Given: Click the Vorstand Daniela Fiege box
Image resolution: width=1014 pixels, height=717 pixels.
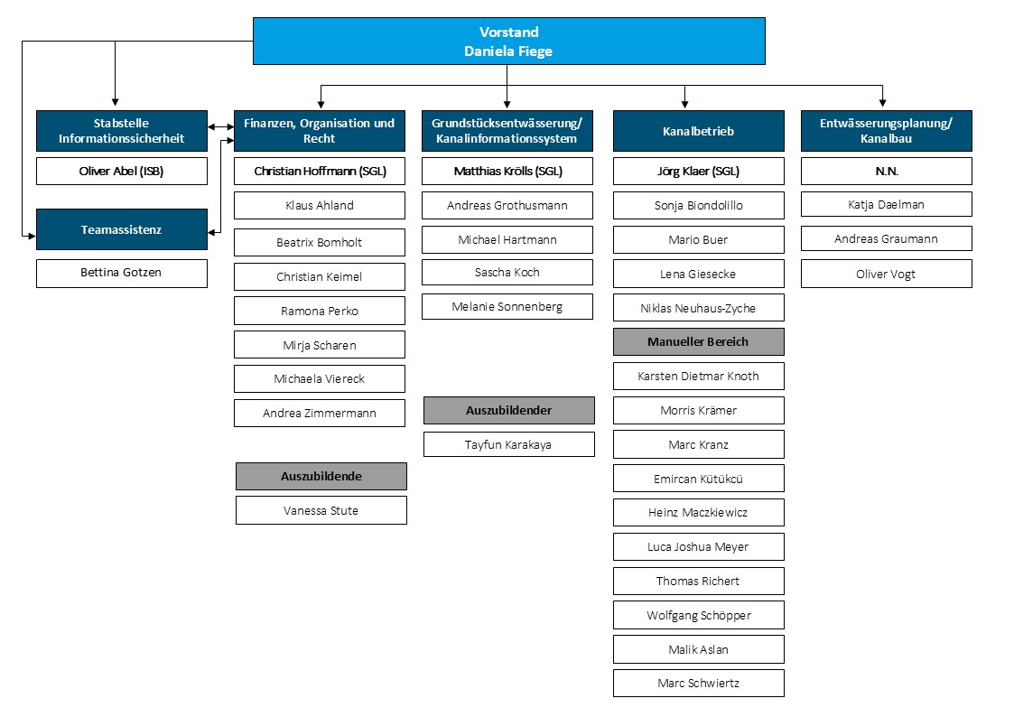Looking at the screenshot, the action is [x=509, y=41].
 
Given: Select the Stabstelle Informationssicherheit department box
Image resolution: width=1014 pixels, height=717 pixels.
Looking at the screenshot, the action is [x=122, y=131].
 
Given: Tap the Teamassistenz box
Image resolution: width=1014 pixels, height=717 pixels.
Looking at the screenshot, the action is [x=122, y=229].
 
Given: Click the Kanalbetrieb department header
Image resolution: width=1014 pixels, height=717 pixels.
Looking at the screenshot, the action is [x=698, y=131].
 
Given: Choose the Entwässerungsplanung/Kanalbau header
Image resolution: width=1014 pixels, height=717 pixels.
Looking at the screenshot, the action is [x=886, y=131].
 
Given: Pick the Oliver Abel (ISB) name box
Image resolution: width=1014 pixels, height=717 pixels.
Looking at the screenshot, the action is [x=122, y=172].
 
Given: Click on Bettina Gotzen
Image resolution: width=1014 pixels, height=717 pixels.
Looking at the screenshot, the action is [x=122, y=273].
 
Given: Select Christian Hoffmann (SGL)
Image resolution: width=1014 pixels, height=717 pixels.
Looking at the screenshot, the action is [x=320, y=172].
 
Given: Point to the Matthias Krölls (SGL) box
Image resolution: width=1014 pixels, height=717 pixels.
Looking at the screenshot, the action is [x=507, y=172].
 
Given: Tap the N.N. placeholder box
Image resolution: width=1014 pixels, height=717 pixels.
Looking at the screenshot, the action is [x=886, y=172].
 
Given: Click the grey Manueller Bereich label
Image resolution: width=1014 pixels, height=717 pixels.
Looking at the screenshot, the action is [x=698, y=342].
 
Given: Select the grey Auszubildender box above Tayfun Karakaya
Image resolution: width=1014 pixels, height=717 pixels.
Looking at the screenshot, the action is [x=509, y=411].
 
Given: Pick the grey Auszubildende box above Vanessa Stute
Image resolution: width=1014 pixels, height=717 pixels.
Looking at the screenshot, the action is [x=321, y=477].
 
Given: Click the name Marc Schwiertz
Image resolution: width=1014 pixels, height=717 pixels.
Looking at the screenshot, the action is [x=698, y=684].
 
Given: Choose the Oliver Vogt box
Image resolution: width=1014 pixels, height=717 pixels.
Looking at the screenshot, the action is [x=886, y=274].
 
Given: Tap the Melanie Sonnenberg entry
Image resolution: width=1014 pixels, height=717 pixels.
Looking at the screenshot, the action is [x=507, y=306].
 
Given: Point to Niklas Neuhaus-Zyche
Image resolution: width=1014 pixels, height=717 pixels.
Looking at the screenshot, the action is [x=698, y=308].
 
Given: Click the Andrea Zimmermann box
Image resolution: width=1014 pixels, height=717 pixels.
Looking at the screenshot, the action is [x=320, y=413].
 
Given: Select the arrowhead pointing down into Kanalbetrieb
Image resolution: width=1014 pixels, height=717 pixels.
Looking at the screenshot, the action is [x=684, y=104].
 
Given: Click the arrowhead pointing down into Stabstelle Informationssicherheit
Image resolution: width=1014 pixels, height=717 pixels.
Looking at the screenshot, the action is [x=115, y=101].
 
